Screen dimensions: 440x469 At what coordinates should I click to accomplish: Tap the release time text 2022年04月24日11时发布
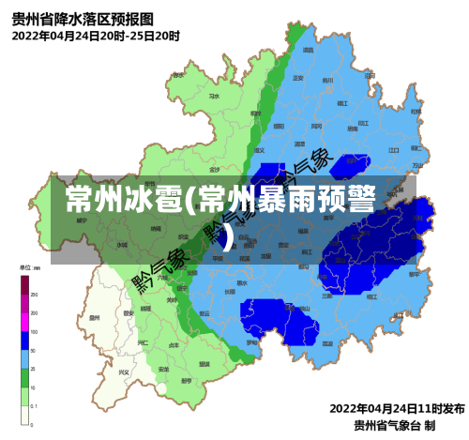(x=397, y=408)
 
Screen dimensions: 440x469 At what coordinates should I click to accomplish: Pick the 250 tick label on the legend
(x=35, y=295)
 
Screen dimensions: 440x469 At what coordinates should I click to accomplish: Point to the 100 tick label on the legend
(x=35, y=331)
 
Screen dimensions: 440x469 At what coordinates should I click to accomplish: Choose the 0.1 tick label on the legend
(x=35, y=406)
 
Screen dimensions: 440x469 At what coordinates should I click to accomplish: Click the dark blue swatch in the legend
(x=24, y=341)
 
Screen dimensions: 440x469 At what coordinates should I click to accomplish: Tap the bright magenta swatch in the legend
(x=24, y=322)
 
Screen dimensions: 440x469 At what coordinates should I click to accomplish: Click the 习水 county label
(x=214, y=95)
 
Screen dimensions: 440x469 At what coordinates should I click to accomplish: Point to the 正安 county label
(x=298, y=78)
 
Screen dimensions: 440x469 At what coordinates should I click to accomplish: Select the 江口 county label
(x=394, y=149)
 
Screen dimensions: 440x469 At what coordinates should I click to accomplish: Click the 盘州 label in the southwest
(x=94, y=318)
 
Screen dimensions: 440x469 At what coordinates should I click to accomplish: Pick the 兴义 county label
(x=124, y=372)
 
